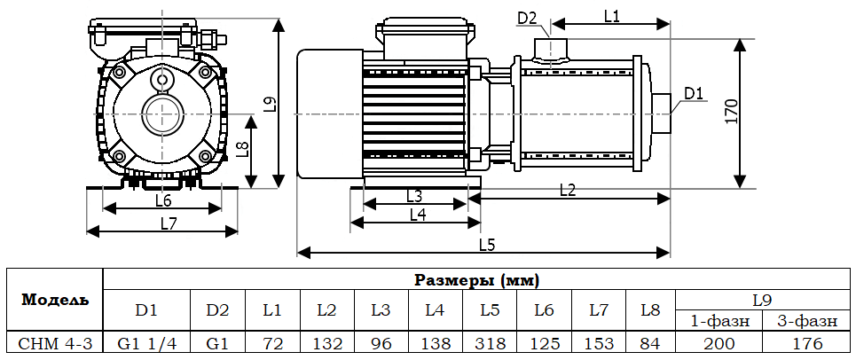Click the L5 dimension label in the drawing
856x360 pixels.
click(486, 244)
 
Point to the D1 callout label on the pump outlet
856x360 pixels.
click(694, 93)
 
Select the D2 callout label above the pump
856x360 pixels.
click(527, 18)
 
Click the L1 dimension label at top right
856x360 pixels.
click(611, 15)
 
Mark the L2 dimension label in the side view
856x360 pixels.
click(568, 189)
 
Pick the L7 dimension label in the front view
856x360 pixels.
click(169, 223)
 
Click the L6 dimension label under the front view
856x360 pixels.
click(163, 200)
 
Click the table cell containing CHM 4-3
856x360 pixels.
click(55, 343)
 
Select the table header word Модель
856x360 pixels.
click(55, 300)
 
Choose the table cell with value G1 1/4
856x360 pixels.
click(146, 343)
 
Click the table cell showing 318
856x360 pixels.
click(490, 343)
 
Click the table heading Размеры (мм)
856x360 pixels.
click(478, 280)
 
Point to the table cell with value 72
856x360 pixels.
click(272, 343)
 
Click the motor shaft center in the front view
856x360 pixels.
click(162, 114)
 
